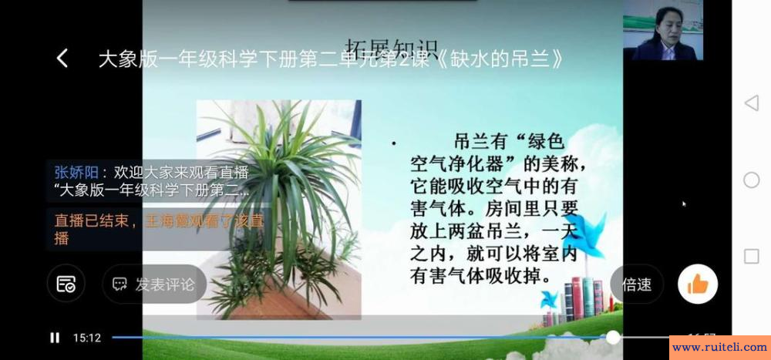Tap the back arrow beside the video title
(x=62, y=59)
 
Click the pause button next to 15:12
(x=55, y=338)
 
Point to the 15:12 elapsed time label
(x=87, y=338)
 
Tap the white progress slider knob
(x=613, y=337)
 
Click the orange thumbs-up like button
(x=698, y=284)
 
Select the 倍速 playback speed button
(x=637, y=284)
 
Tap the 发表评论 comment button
(x=154, y=284)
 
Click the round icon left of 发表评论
(x=66, y=284)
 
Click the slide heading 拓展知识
(x=391, y=48)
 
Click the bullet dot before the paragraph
(x=394, y=144)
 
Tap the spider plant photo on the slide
(x=279, y=208)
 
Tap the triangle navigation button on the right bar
(x=751, y=103)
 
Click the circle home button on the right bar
(x=751, y=180)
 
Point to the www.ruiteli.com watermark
(x=719, y=348)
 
